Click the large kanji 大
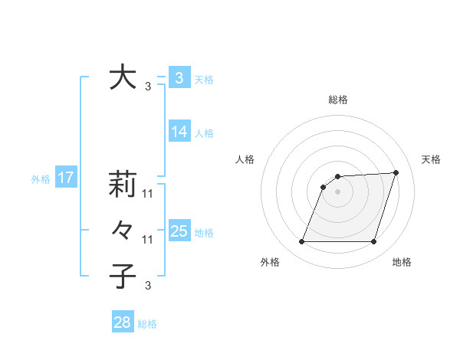122,77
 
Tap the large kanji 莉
122,184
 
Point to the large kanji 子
122,276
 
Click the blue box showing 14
179,132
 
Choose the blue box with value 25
179,231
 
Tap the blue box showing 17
66,178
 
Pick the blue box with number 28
123,322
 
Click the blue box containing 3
179,78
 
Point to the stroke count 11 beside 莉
149,194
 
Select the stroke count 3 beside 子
148,286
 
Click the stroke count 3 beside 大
148,87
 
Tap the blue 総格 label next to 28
147,324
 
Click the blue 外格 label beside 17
41,179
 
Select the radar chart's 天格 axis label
431,159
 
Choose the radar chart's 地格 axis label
402,263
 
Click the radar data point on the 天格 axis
396,172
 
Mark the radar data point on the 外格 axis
301,242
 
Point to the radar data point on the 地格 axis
373,242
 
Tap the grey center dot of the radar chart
337,191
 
